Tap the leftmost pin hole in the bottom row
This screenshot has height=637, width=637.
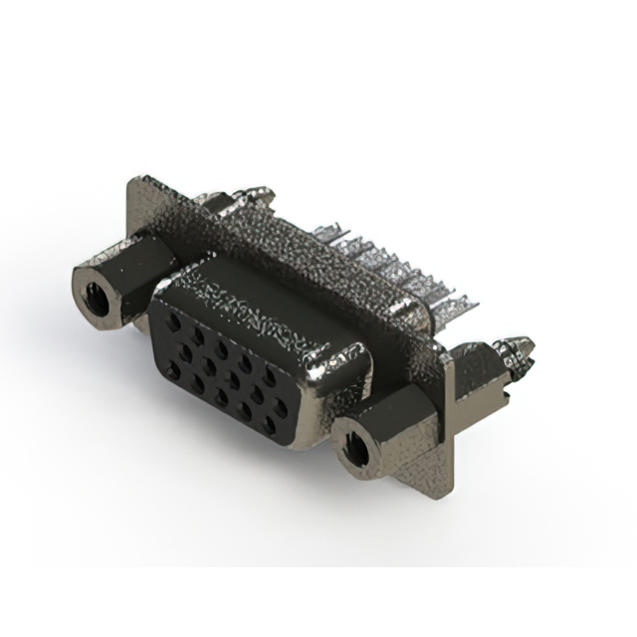(x=174, y=370)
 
